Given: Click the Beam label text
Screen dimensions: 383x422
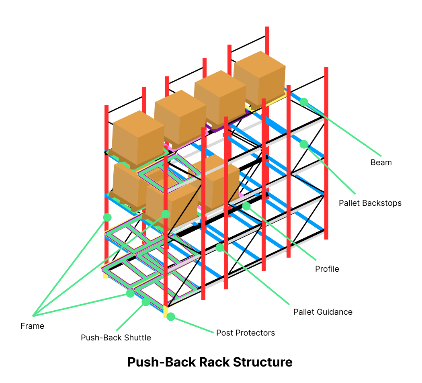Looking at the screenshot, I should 381,162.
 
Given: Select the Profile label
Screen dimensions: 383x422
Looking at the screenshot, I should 327,269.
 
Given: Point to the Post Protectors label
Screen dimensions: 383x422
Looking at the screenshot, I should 245,333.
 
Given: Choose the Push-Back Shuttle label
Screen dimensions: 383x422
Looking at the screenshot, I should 116,338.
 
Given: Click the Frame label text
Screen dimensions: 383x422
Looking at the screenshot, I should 32,326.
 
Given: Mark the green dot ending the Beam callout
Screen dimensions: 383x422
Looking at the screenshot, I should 304,102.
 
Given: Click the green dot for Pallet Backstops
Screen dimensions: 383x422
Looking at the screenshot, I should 304,144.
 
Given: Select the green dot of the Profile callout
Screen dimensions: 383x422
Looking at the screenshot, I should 246,206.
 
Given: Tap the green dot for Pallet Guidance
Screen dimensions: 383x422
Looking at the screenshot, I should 219,248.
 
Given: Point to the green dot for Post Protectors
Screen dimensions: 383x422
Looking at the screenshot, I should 171,317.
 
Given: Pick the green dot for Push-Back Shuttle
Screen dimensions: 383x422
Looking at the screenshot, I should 146,301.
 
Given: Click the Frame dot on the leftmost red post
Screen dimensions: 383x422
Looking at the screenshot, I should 107,217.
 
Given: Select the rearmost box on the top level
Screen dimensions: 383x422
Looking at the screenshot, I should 259,78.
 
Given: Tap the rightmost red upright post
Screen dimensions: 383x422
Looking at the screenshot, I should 326,153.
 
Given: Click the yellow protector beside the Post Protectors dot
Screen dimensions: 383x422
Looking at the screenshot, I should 165,312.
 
